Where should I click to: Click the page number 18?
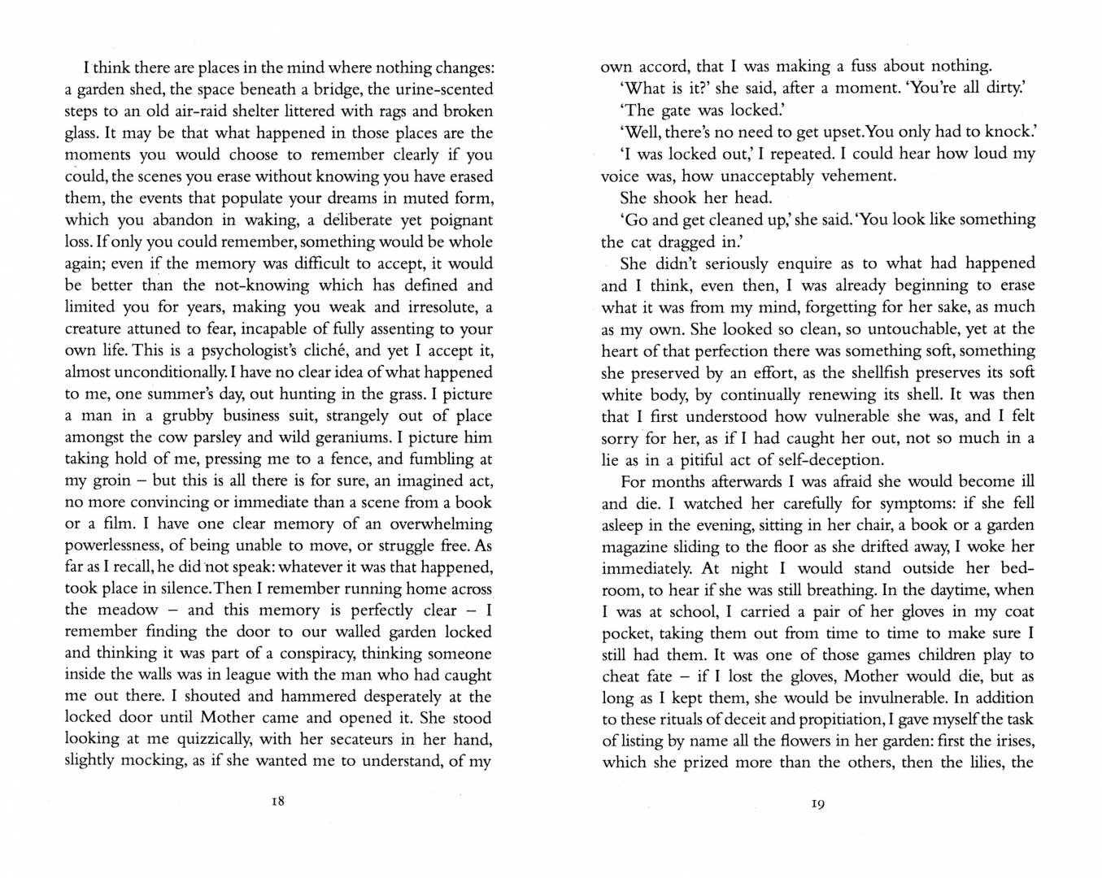click(x=277, y=801)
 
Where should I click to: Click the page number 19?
click(x=817, y=804)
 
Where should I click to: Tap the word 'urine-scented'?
click(x=442, y=89)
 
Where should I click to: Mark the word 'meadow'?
click(x=123, y=610)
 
